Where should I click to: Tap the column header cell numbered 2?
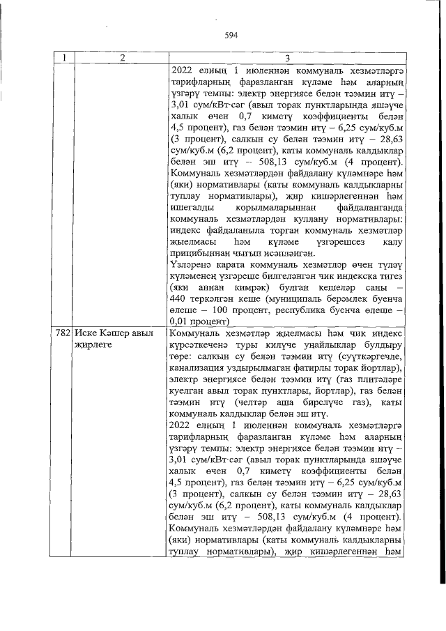120,58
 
